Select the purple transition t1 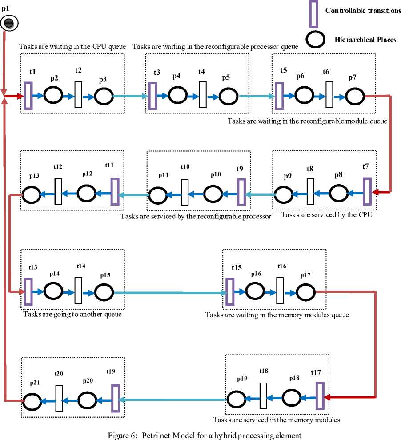point(28,95)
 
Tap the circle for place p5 point(228,95)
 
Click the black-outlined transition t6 point(329,94)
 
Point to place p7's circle point(355,95)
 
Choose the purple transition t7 point(367,191)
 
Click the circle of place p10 point(213,194)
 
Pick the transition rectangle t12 point(58,192)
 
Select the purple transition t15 point(229,292)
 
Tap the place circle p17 point(305,292)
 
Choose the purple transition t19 point(115,398)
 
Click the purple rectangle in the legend point(313,14)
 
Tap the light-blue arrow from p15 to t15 point(169,293)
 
